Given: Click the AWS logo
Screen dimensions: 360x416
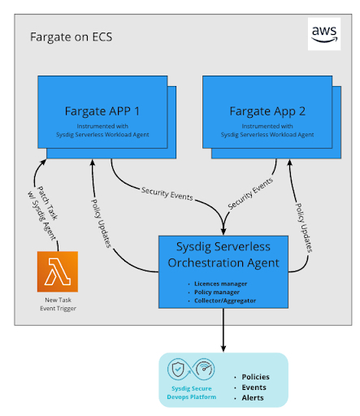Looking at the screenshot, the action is pyautogui.click(x=324, y=34).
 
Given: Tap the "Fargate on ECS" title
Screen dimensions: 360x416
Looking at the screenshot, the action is pyautogui.click(x=71, y=37).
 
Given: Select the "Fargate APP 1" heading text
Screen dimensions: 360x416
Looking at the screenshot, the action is pyautogui.click(x=102, y=111).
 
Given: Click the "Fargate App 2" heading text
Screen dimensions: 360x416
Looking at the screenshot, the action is pyautogui.click(x=267, y=111).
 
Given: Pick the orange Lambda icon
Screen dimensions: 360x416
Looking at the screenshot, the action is pyautogui.click(x=58, y=271).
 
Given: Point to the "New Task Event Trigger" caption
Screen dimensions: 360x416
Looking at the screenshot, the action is pyautogui.click(x=58, y=304).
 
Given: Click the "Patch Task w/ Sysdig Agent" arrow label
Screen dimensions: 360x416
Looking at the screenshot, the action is pyautogui.click(x=43, y=213).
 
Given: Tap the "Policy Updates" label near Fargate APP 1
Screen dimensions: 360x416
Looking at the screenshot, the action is pyautogui.click(x=102, y=223).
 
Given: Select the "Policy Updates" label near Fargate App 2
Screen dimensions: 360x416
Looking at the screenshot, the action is pyautogui.click(x=303, y=227).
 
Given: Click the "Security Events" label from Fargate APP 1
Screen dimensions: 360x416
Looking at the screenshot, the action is pyautogui.click(x=167, y=193).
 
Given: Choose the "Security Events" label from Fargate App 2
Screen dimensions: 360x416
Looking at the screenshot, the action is pyautogui.click(x=250, y=193).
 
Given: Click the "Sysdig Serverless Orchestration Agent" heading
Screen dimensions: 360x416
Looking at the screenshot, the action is pyautogui.click(x=223, y=254).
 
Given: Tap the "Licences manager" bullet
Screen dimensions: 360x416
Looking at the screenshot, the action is pyautogui.click(x=220, y=284).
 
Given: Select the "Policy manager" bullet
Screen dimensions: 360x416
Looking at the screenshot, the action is pyautogui.click(x=217, y=292).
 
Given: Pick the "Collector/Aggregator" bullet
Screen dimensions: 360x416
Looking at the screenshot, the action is pyautogui.click(x=225, y=301).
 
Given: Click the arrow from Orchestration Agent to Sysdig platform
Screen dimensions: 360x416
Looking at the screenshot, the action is pyautogui.click(x=223, y=330).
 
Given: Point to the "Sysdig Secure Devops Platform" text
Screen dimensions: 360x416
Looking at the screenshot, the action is pyautogui.click(x=192, y=392).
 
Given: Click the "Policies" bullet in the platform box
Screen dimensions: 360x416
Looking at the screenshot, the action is pyautogui.click(x=255, y=377).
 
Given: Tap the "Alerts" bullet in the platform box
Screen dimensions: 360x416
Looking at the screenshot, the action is pyautogui.click(x=253, y=397).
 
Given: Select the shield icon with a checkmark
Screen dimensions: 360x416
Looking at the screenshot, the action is pyautogui.click(x=178, y=369).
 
